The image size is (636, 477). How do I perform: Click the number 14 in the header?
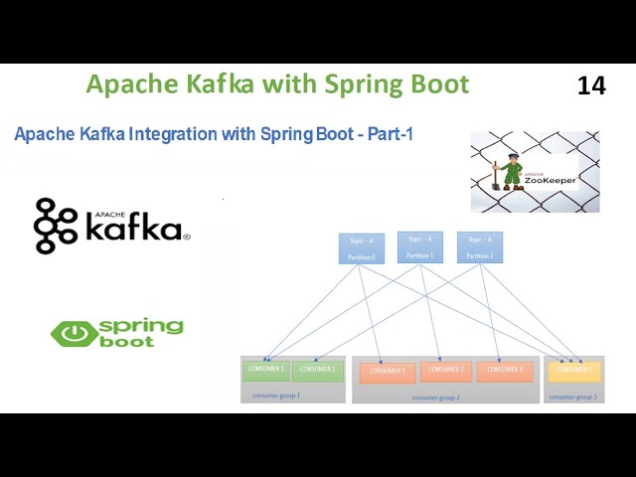pos(591,85)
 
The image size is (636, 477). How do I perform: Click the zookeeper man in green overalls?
pos(512,170)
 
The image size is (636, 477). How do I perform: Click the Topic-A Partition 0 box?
pos(361,248)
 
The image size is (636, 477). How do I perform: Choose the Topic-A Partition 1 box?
pos(420,246)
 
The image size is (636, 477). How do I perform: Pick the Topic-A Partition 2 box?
pos(480,247)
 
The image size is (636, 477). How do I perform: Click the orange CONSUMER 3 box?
pos(505,371)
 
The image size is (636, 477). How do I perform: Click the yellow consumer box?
pos(574,371)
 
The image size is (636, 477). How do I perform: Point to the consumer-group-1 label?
pos(276,396)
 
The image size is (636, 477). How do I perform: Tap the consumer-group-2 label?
pos(435,397)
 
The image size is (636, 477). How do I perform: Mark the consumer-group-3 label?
pos(573,397)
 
